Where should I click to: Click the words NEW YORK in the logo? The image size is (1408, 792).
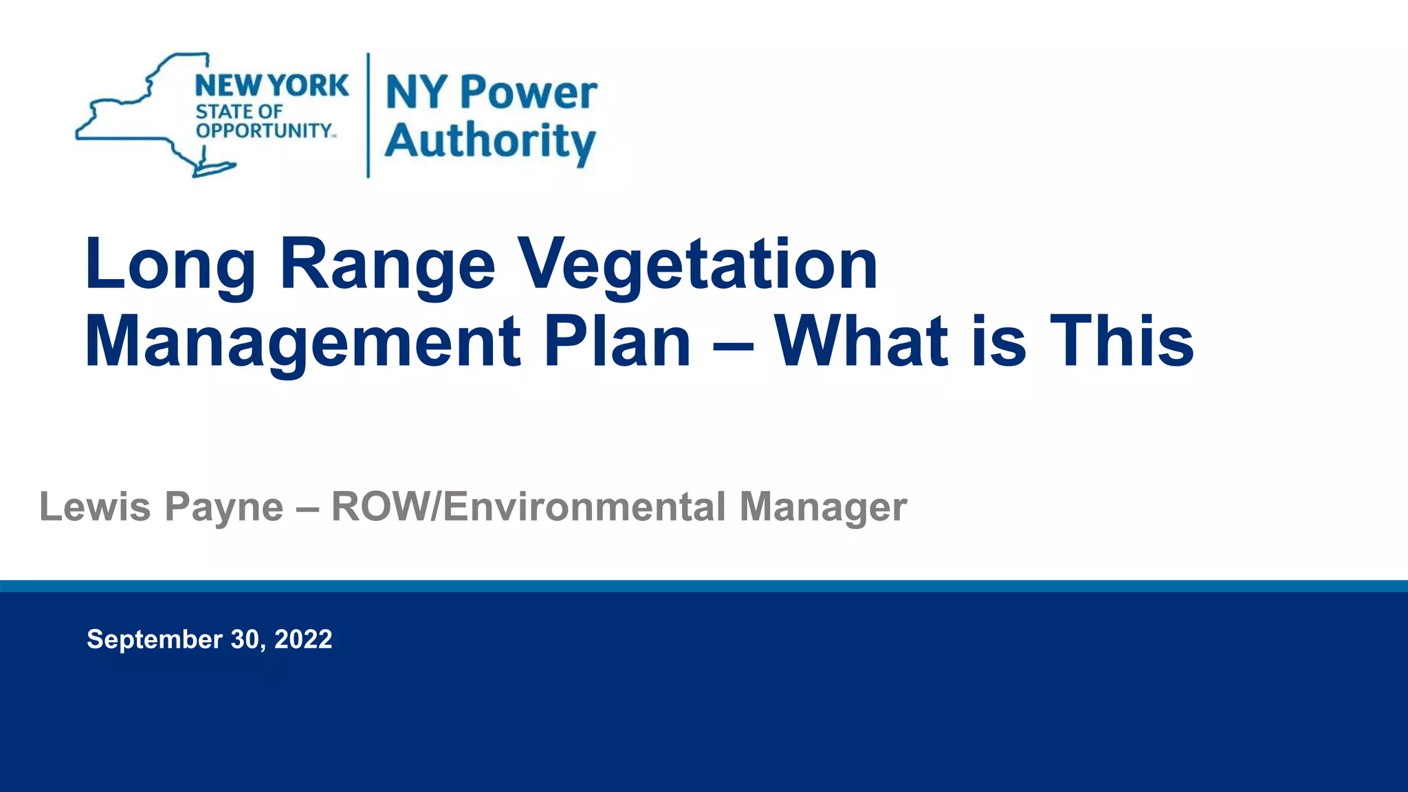click(272, 86)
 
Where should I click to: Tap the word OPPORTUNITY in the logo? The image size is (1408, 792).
click(264, 131)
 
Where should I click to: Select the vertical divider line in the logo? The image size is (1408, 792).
click(368, 115)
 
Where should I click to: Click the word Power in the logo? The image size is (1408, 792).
click(528, 93)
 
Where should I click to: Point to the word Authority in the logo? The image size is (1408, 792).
click(490, 142)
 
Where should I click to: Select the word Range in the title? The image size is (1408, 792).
click(387, 265)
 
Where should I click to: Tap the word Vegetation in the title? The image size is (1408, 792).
click(697, 265)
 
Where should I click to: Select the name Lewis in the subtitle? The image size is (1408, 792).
click(95, 507)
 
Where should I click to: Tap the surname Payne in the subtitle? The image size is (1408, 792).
click(223, 508)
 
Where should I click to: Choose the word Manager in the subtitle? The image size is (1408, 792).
click(823, 508)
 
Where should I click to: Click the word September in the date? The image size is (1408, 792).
click(155, 640)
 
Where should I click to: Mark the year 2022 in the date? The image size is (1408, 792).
click(303, 639)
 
